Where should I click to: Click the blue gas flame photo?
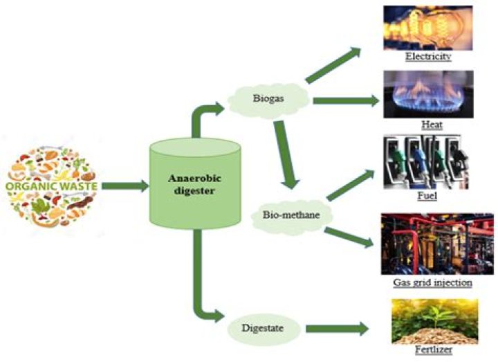[x=427, y=93]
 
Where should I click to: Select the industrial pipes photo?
[x=427, y=243]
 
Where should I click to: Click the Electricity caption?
[x=429, y=55]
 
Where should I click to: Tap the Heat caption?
[x=431, y=125]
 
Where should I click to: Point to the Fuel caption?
[x=432, y=197]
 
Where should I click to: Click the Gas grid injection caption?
[x=432, y=282]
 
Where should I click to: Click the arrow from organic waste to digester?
[x=124, y=185]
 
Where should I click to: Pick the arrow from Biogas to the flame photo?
[x=346, y=101]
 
